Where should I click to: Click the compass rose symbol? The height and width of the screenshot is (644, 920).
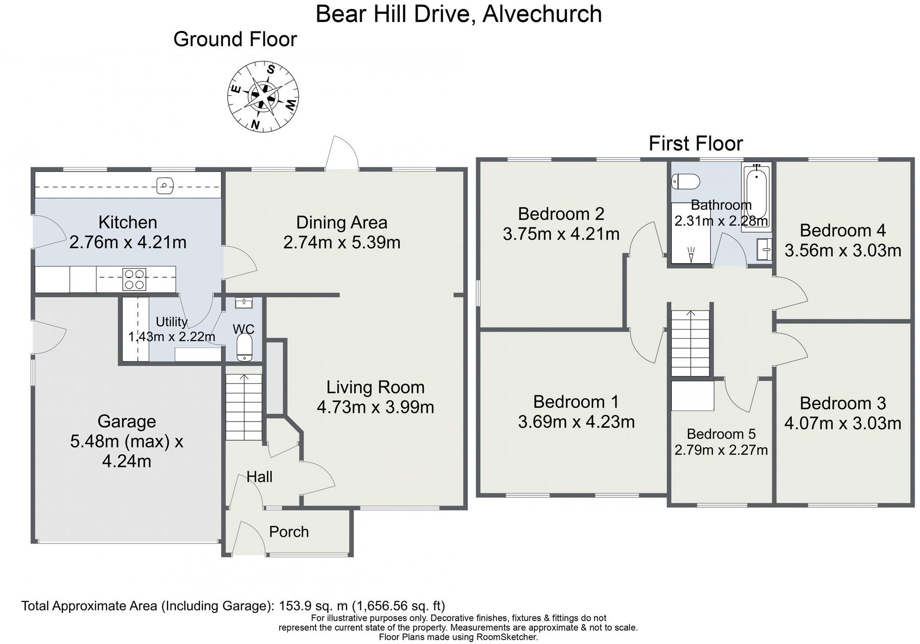(x=263, y=96)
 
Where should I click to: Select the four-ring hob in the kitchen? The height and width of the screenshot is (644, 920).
(x=134, y=279)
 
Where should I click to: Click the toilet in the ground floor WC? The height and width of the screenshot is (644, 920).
(x=244, y=347)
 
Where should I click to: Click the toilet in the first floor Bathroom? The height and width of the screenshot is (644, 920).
(x=686, y=181)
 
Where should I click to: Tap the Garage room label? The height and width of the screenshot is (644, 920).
(x=127, y=422)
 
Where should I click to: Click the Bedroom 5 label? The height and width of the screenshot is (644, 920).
(x=721, y=434)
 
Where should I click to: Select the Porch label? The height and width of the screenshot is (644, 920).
(x=289, y=532)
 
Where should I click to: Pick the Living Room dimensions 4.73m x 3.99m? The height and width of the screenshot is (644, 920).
(x=375, y=408)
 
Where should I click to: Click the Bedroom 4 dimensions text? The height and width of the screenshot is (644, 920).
(x=843, y=251)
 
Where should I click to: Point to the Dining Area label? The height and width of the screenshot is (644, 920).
(x=342, y=222)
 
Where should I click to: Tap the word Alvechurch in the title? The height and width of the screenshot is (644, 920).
(x=542, y=14)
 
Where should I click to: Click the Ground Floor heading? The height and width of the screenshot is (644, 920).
(x=235, y=39)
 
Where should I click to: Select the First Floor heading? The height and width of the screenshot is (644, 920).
(x=696, y=143)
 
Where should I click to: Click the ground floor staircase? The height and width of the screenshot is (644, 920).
(x=244, y=407)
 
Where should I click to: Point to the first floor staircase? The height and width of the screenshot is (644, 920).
(x=690, y=343)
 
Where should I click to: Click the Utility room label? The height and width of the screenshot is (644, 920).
(x=172, y=322)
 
